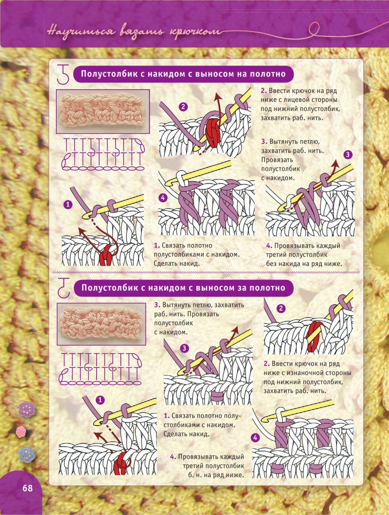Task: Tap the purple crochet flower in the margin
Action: (x=27, y=410)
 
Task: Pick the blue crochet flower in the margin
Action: (x=27, y=455)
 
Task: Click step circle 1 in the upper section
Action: (x=68, y=205)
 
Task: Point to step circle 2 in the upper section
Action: (x=183, y=107)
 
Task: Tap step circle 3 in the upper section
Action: (x=348, y=154)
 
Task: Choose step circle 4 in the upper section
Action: (x=163, y=198)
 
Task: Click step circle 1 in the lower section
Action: (x=100, y=400)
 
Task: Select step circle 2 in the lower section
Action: (x=281, y=308)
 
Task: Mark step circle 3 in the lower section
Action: (x=184, y=348)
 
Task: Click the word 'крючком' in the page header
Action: (x=196, y=32)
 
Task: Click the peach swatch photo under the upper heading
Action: (x=103, y=111)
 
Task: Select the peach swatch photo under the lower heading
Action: (x=101, y=324)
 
